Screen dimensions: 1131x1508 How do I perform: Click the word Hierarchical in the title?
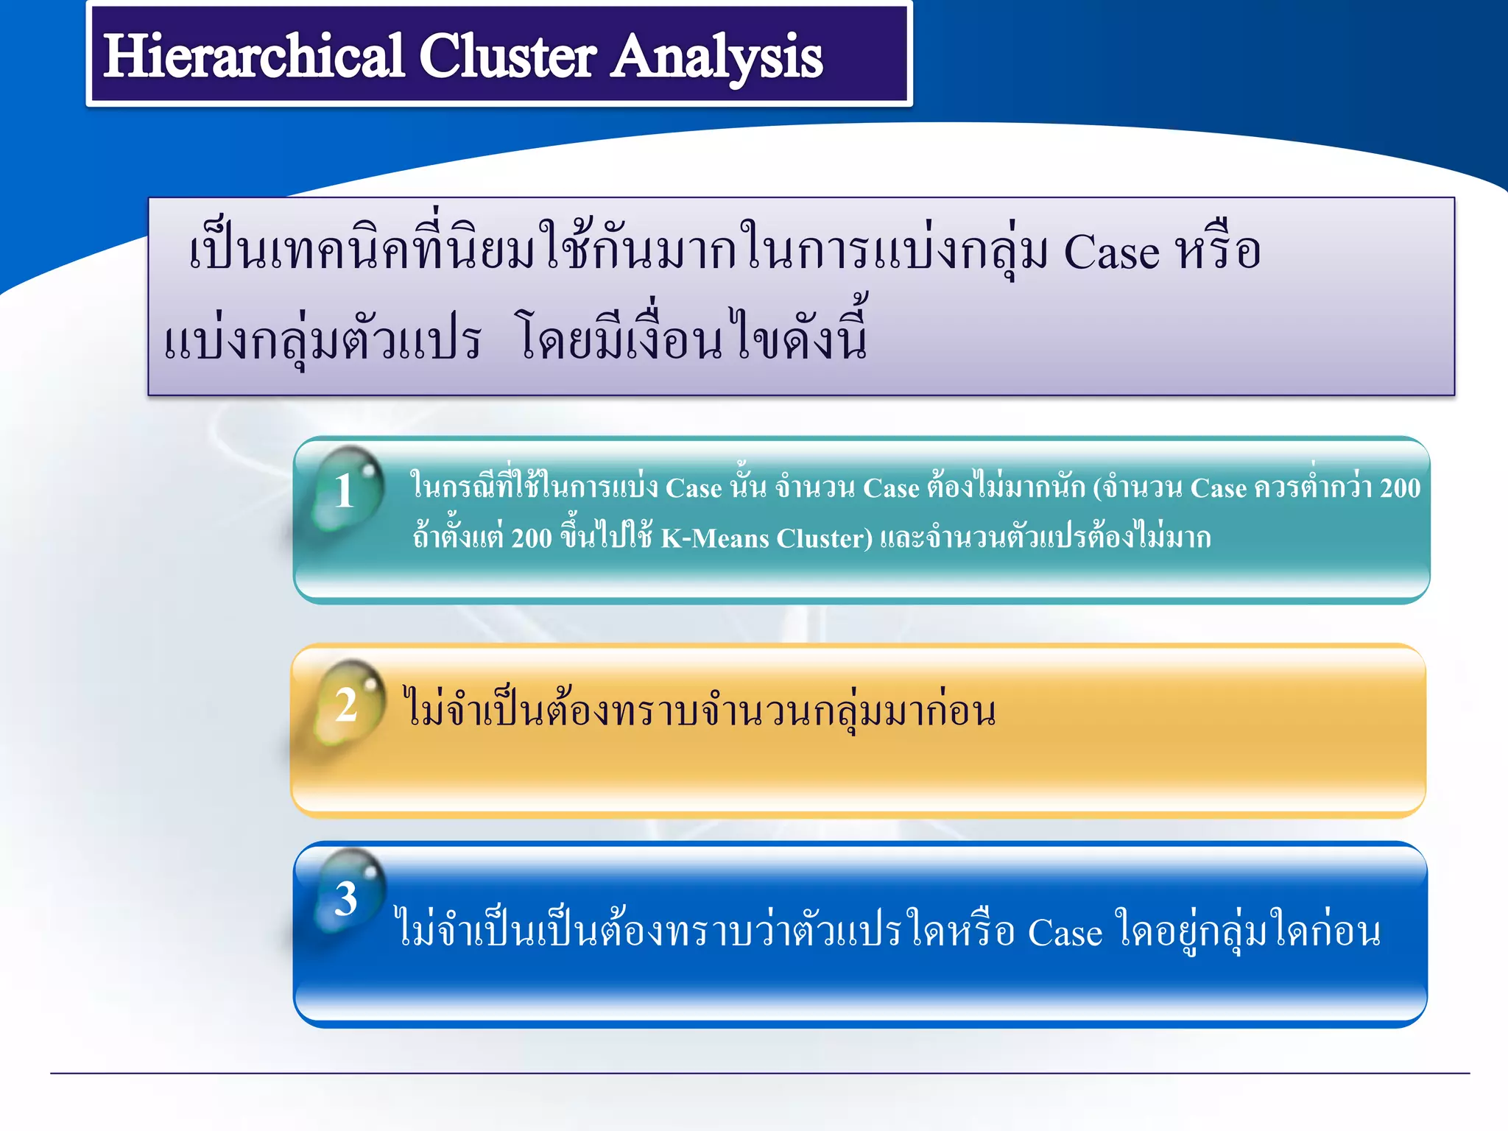tap(253, 57)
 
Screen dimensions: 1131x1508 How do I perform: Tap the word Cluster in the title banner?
tap(507, 57)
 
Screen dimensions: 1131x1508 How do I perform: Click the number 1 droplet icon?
tap(346, 490)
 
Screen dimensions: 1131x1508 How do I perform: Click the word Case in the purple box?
tap(1111, 252)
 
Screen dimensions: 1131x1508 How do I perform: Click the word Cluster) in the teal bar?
tap(824, 538)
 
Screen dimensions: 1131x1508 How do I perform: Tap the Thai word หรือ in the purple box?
tap(1218, 250)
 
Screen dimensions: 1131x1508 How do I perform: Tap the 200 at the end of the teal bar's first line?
tap(1400, 488)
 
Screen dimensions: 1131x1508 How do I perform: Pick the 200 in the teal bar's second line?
tap(531, 538)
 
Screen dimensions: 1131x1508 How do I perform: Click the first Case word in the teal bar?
tap(693, 488)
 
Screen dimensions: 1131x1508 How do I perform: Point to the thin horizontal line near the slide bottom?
tap(758, 1073)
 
